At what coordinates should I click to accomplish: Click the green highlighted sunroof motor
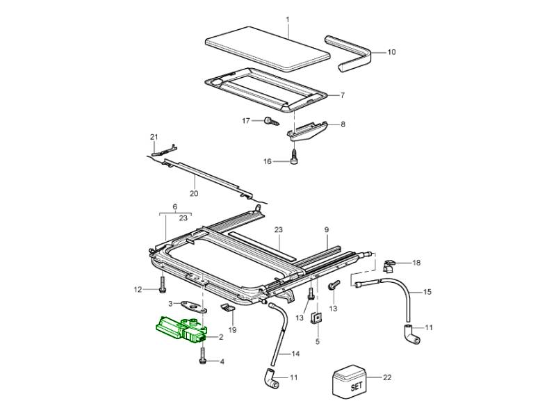tap(179, 329)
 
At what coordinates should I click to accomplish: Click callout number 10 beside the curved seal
tap(391, 52)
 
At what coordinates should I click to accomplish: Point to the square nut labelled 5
tap(316, 318)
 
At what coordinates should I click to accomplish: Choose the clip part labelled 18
tap(391, 265)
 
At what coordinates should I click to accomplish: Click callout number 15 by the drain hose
tap(427, 292)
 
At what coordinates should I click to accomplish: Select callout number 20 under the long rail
tap(194, 194)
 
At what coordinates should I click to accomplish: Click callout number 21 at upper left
tap(154, 136)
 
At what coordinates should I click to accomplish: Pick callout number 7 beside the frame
tap(342, 95)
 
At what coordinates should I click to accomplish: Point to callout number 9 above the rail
tap(326, 229)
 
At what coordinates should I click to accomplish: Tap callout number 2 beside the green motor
tap(220, 337)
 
